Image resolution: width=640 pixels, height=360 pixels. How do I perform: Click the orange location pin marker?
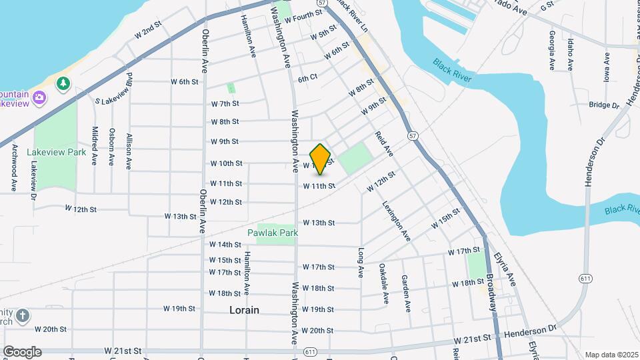tap(321, 159)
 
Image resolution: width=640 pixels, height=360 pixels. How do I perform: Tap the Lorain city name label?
tap(244, 310)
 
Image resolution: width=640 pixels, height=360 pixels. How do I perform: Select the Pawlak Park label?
tap(272, 233)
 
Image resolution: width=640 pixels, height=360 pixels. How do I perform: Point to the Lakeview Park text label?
tap(57, 152)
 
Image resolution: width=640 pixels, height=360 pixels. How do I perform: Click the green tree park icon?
tap(63, 83)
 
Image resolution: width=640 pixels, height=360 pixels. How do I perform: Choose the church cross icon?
tap(23, 315)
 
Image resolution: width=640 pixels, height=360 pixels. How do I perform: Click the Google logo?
tap(22, 352)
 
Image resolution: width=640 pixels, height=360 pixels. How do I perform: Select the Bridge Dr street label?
tap(604, 105)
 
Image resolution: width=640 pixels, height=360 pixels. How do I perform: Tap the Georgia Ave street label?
tap(553, 51)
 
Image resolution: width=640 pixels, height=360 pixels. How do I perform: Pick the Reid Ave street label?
tap(384, 143)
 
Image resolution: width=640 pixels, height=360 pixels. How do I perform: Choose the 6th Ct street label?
tap(307, 78)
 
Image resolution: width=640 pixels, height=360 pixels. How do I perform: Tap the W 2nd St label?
tap(148, 31)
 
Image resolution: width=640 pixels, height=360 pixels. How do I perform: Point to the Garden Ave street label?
tap(405, 293)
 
